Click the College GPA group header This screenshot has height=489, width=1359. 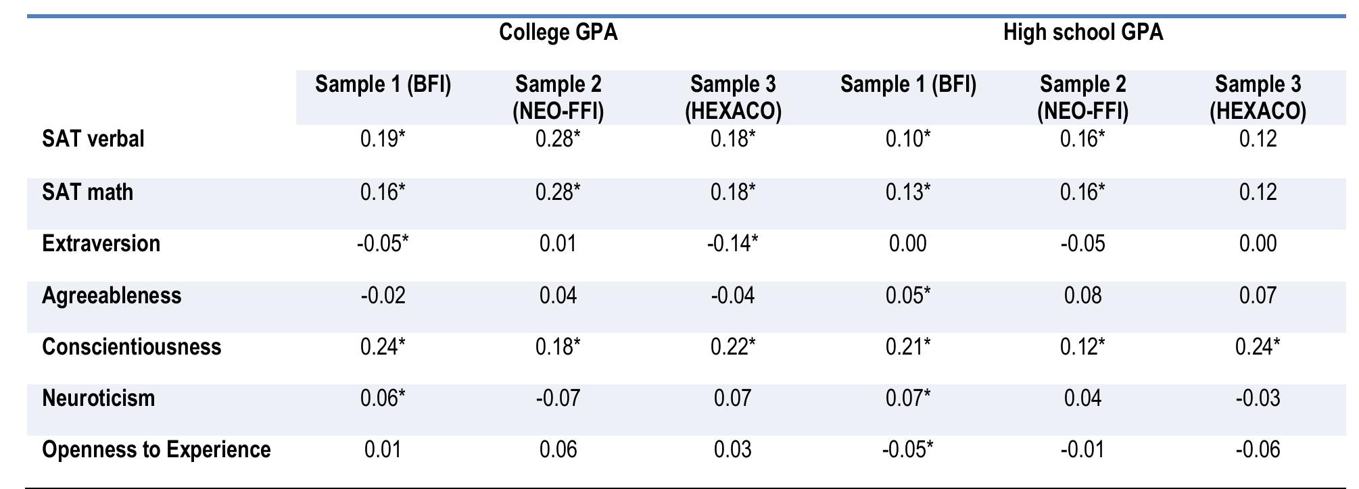[x=558, y=32]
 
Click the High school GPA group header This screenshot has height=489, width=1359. [x=1082, y=32]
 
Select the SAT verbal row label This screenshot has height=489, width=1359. [x=93, y=139]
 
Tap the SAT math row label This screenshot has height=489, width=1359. [x=88, y=192]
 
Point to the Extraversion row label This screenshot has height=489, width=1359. [x=101, y=243]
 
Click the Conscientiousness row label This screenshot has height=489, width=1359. [x=132, y=346]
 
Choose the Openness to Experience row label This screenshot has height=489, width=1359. [x=156, y=450]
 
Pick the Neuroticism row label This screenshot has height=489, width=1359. [x=99, y=398]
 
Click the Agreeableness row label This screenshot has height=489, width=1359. [x=112, y=296]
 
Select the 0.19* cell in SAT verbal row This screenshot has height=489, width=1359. [x=383, y=139]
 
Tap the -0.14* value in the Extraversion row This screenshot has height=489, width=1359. [x=733, y=243]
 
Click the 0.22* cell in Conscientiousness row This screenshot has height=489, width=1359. [x=733, y=346]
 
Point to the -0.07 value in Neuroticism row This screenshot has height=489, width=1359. [x=558, y=398]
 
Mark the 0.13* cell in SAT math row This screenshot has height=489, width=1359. [x=908, y=192]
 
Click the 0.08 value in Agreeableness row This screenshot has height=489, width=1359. [x=1082, y=296]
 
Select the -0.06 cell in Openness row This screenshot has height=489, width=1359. [x=1258, y=450]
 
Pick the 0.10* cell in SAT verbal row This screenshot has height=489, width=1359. [x=908, y=139]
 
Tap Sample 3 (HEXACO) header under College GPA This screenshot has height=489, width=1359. [x=733, y=97]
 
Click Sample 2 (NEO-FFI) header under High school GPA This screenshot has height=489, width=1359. [x=1082, y=97]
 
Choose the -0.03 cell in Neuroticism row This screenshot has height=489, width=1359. [x=1258, y=398]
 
